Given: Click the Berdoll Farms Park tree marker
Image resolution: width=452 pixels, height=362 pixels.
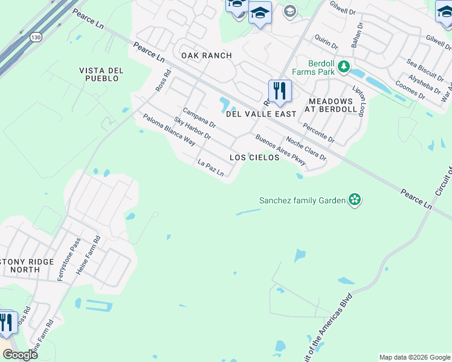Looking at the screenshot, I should click(344, 66).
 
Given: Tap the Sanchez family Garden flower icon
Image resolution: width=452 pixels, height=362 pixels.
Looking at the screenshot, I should click(355, 200).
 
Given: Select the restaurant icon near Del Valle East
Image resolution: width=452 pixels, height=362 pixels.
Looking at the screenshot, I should click(279, 92).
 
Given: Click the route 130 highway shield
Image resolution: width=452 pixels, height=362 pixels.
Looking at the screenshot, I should click(35, 37).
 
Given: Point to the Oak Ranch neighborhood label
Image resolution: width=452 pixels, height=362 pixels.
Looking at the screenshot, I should click(207, 56).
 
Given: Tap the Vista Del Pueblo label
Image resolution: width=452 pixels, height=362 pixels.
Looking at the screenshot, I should click(101, 75).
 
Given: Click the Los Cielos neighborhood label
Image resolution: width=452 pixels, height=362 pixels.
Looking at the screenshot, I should click(254, 157).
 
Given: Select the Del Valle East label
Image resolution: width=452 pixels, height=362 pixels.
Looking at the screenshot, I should click(261, 114).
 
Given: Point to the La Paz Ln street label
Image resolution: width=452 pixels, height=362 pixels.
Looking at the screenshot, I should click(211, 168).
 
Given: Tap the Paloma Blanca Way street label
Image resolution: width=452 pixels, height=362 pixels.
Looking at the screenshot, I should click(169, 130).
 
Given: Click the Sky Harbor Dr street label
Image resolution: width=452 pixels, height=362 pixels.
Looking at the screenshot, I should click(192, 129).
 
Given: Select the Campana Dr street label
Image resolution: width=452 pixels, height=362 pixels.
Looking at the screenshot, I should click(199, 118).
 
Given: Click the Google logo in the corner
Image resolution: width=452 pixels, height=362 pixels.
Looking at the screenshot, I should click(21, 355).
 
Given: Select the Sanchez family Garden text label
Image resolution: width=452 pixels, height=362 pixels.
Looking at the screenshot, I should click(302, 200).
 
